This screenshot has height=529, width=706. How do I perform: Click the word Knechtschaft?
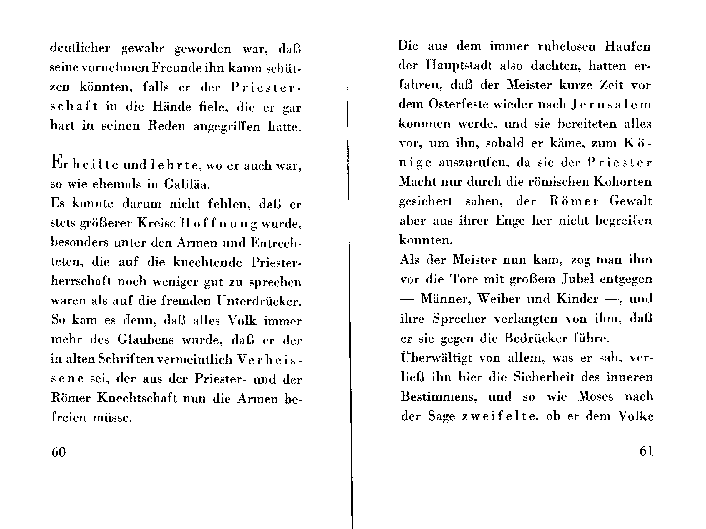(x=137, y=398)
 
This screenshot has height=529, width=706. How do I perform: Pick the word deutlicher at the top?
(x=80, y=48)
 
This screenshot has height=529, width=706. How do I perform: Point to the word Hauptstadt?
(x=459, y=66)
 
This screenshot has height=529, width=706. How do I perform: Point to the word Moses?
(x=596, y=396)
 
